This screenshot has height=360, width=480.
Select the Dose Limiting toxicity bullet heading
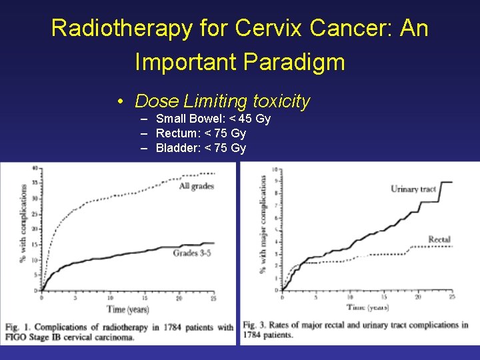(x=222, y=101)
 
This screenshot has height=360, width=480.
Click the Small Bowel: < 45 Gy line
(x=213, y=119)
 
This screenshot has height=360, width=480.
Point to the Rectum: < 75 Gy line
(x=201, y=133)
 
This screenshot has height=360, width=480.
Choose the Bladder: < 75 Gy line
(x=201, y=148)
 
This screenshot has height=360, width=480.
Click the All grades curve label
(x=196, y=187)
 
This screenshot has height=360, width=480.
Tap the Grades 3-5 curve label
(x=192, y=253)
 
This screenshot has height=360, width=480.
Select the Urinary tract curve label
(x=413, y=189)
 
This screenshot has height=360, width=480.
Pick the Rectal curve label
(x=439, y=239)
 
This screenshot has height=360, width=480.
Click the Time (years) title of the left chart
(x=128, y=310)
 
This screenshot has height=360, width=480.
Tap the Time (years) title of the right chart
(x=367, y=307)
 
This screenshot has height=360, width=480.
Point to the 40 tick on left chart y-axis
(x=34, y=168)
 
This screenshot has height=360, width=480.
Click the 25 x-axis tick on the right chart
(x=452, y=297)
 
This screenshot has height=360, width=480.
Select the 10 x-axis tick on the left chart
(x=110, y=298)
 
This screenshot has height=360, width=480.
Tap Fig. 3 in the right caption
(x=255, y=325)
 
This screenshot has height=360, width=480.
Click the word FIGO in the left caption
(x=17, y=337)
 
